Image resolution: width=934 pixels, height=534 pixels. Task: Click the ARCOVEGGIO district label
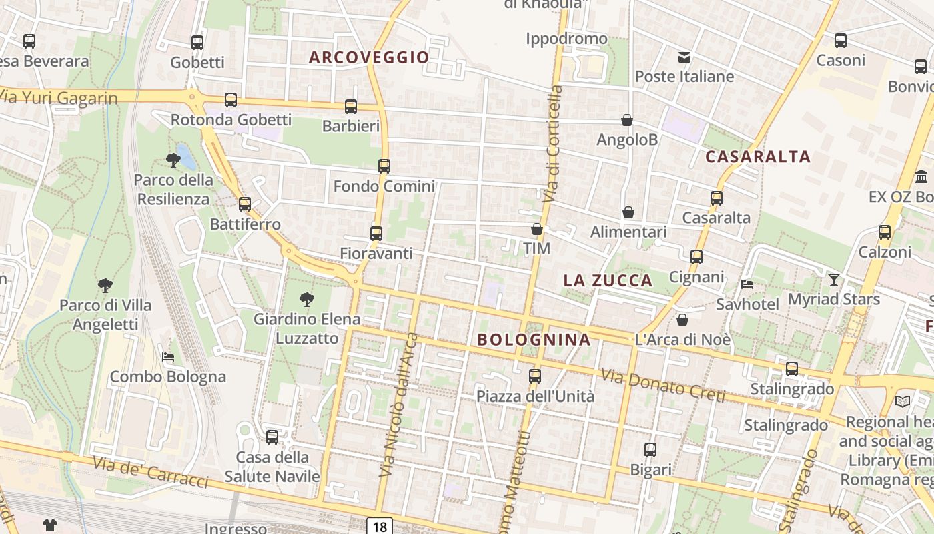(369, 57)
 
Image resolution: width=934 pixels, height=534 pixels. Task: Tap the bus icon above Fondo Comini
(384, 166)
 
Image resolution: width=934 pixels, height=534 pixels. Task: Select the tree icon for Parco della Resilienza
(173, 160)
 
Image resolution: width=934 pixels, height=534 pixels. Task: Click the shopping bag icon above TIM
(537, 230)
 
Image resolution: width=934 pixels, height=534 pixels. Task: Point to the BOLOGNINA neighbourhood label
(534, 340)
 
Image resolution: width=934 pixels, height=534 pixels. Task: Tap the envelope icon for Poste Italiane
(684, 57)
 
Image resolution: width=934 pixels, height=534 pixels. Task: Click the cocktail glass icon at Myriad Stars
(834, 279)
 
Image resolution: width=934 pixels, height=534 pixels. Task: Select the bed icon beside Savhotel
(747, 284)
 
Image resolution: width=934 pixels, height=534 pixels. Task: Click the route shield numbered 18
(380, 527)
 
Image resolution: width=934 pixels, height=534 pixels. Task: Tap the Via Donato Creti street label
(662, 385)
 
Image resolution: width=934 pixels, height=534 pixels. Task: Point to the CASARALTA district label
(758, 157)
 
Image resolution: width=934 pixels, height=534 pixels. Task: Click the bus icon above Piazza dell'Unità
(535, 376)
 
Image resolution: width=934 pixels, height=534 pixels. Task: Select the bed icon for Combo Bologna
(168, 357)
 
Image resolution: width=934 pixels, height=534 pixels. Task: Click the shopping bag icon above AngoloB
(627, 121)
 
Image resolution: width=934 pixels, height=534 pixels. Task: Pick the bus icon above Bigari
(650, 450)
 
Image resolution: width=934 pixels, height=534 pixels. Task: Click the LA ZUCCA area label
(608, 280)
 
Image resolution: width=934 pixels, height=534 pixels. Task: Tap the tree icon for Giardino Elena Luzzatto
(307, 300)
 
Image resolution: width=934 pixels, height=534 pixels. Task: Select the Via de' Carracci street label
(150, 472)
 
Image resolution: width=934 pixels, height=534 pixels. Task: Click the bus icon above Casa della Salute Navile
(272, 437)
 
